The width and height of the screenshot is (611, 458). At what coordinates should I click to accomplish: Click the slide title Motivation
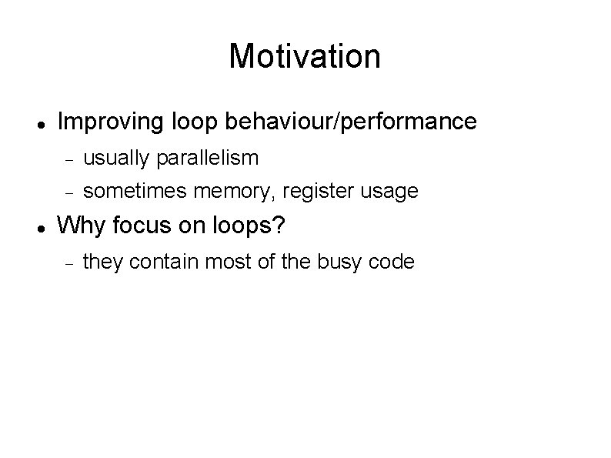click(305, 56)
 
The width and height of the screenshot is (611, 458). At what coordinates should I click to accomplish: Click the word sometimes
click(126, 190)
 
